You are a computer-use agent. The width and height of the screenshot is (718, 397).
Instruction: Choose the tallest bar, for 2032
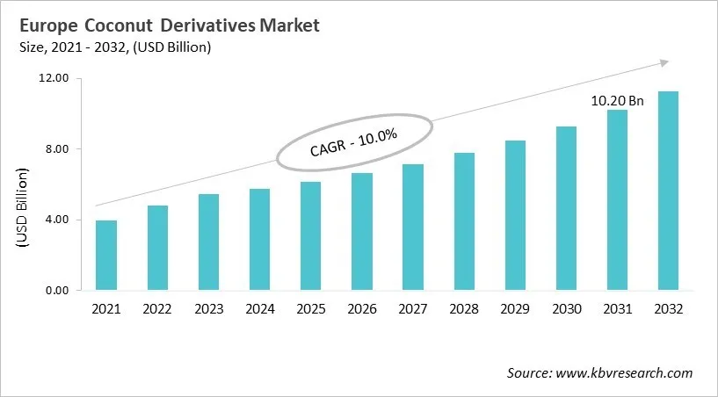(x=669, y=191)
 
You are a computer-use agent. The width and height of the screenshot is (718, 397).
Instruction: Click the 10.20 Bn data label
(x=617, y=101)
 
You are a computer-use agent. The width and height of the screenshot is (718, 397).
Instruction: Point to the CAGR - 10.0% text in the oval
(x=354, y=142)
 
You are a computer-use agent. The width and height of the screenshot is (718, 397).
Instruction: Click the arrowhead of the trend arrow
(x=664, y=62)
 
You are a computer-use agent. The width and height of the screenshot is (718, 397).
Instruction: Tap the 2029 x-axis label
(x=516, y=309)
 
